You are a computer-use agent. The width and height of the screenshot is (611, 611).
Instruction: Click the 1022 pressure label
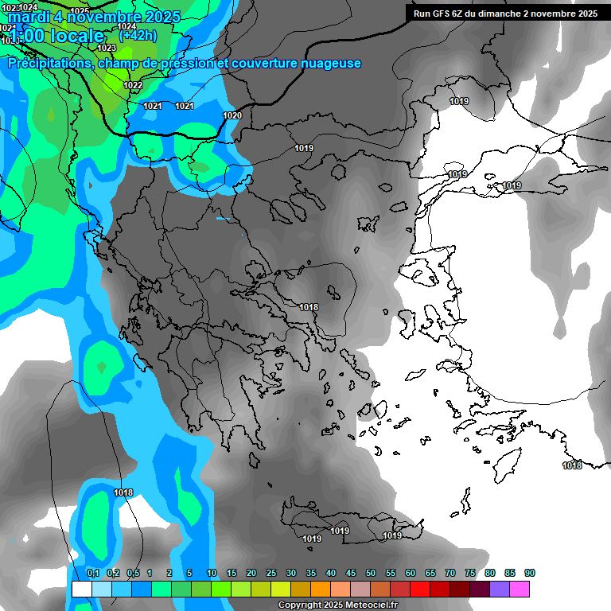click(133, 86)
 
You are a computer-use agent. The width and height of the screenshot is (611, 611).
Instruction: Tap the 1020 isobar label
click(232, 116)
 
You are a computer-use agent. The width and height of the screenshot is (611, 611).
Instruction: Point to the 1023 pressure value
click(106, 49)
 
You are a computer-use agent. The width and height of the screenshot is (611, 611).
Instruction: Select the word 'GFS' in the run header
click(441, 14)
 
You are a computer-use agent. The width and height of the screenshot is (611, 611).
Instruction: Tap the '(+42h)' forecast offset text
click(137, 35)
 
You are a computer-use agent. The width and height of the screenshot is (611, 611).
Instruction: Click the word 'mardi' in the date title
click(29, 17)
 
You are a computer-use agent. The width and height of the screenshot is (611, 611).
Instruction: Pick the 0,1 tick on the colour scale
click(92, 574)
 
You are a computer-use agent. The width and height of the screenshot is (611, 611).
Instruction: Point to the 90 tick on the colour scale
click(530, 574)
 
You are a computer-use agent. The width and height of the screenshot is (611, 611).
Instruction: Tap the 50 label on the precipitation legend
click(371, 574)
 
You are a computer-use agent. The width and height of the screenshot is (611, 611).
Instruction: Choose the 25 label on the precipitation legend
click(271, 574)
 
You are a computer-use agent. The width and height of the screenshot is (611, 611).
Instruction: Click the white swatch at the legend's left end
click(81, 589)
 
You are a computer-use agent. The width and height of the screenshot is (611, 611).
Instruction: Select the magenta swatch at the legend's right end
click(520, 589)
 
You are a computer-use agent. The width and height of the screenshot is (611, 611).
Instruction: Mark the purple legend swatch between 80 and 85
click(500, 589)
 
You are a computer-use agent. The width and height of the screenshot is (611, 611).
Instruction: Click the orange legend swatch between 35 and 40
click(321, 589)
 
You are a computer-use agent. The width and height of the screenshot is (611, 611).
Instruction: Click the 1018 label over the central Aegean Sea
click(309, 308)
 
